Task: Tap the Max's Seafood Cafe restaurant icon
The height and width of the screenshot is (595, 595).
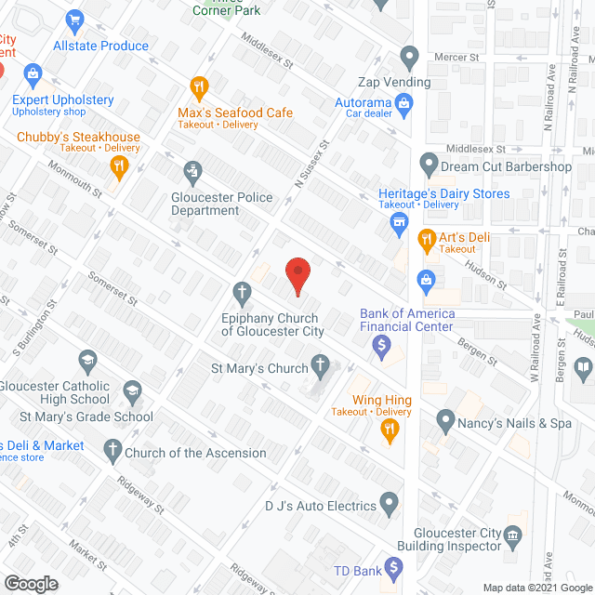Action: pyautogui.click(x=198, y=89)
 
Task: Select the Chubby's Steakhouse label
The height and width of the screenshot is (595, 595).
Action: pyautogui.click(x=78, y=138)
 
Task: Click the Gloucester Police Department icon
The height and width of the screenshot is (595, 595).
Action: pyautogui.click(x=192, y=171)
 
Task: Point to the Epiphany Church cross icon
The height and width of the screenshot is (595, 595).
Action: pyautogui.click(x=242, y=294)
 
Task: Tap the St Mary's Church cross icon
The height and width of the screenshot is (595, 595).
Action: pyautogui.click(x=321, y=366)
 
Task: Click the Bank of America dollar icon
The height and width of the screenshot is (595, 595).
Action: pyautogui.click(x=381, y=347)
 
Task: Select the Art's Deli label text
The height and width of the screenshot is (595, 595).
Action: pyautogui.click(x=465, y=238)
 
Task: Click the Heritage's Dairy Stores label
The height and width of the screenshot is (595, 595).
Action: pyautogui.click(x=443, y=194)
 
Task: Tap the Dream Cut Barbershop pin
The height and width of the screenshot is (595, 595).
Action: pyautogui.click(x=429, y=165)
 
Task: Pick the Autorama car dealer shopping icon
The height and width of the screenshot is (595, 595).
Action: pyautogui.click(x=404, y=104)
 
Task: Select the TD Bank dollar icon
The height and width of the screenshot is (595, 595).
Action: pyautogui.click(x=394, y=566)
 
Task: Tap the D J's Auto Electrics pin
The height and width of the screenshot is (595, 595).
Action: pyautogui.click(x=390, y=506)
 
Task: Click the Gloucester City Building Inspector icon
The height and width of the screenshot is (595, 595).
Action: pyautogui.click(x=512, y=536)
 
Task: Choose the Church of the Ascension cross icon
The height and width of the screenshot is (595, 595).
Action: pyautogui.click(x=112, y=453)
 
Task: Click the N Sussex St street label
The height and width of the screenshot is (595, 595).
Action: pyautogui.click(x=312, y=165)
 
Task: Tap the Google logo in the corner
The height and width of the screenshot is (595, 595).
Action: pyautogui.click(x=30, y=583)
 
